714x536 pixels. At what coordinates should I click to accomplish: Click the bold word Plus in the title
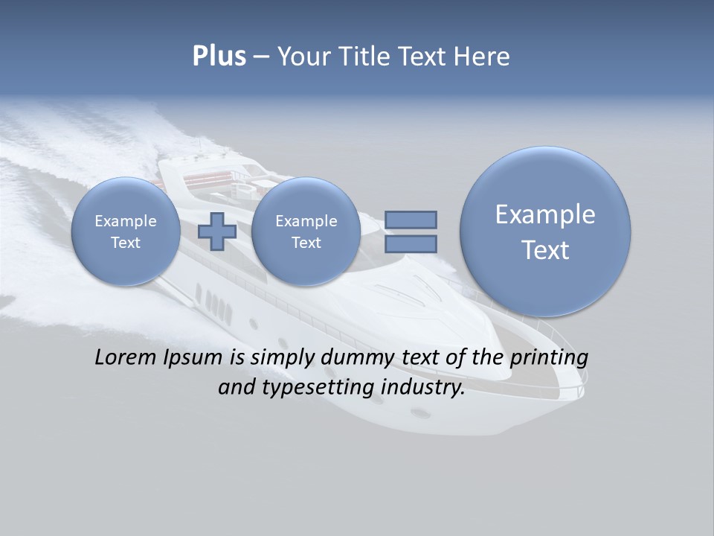219,57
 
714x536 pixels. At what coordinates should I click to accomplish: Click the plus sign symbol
217,231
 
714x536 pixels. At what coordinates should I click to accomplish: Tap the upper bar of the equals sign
411,220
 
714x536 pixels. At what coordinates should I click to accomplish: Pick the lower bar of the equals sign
411,243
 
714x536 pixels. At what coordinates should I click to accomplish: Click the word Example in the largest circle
545,214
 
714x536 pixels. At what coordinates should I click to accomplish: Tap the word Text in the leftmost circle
126,243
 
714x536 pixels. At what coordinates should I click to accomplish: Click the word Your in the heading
303,57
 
